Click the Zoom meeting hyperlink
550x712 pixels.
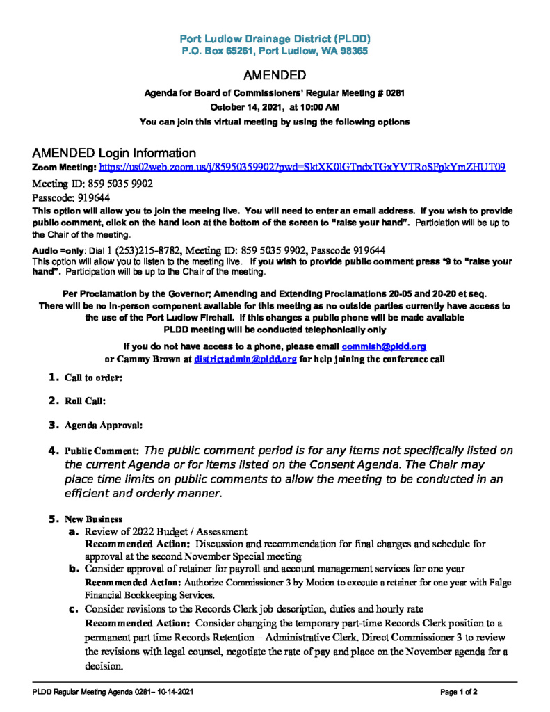[302, 168]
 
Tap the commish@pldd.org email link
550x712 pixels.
[383, 346]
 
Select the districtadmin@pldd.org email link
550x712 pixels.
[245, 359]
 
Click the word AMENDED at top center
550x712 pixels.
[275, 75]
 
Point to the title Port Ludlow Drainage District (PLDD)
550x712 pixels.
[275, 39]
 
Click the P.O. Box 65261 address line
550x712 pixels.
[275, 51]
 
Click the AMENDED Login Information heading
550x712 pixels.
[114, 153]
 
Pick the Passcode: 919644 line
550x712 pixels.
[72, 198]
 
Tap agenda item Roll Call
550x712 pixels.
[85, 401]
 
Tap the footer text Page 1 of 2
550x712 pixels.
[459, 693]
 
